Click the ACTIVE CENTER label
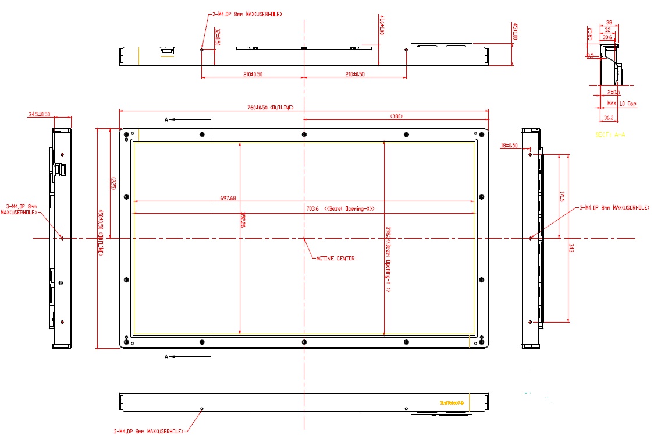[335, 258]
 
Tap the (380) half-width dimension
[396, 116]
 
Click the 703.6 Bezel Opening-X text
[340, 209]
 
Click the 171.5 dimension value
[562, 196]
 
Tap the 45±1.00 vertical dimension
[515, 30]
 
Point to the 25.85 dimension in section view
[590, 34]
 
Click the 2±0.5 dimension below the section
[613, 92]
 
